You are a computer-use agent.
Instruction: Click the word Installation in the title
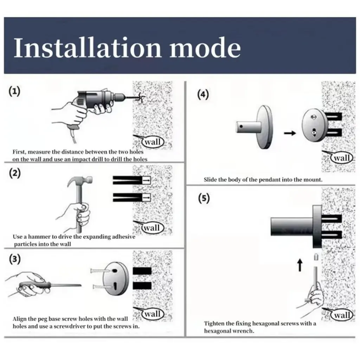88,47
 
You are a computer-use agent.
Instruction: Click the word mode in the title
205,47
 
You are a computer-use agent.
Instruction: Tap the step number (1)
14,91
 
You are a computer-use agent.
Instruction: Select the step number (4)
203,95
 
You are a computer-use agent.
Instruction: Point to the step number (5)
204,198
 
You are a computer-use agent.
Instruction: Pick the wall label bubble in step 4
342,158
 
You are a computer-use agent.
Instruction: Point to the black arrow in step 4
290,133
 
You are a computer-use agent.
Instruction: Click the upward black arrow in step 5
300,265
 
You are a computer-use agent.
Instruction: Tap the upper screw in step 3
102,271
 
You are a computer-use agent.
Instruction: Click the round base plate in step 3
115,278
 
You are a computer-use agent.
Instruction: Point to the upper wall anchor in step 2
131,180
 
